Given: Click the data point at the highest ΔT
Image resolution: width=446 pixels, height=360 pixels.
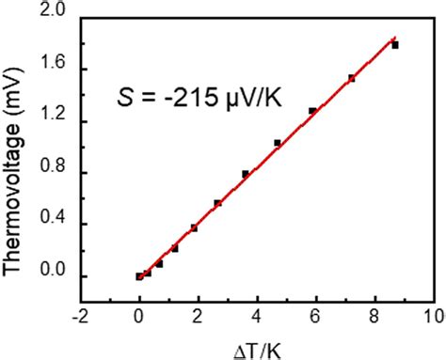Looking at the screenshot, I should [395, 45].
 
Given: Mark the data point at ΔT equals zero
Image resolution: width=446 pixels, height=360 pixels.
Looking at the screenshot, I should [139, 276].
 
